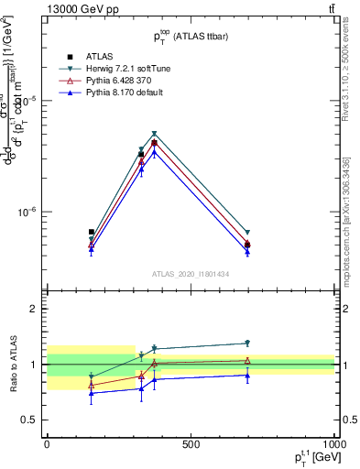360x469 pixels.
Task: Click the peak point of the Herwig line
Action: (155, 134)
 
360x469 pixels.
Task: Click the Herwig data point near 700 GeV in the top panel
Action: (247, 233)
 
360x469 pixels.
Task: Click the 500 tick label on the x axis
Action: (191, 444)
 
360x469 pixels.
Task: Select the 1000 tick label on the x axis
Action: (333, 444)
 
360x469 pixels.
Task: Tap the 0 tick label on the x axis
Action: (47, 444)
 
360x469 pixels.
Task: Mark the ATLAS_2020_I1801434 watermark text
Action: (191, 274)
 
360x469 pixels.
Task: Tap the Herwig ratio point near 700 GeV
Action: (247, 344)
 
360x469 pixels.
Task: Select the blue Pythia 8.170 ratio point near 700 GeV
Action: (247, 376)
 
